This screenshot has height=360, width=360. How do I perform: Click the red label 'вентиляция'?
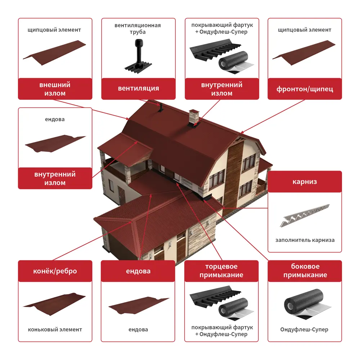click(138, 89)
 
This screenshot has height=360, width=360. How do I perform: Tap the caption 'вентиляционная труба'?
click(138, 28)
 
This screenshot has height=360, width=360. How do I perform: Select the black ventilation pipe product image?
click(138, 56)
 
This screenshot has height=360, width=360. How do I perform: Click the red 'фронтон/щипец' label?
click(305, 89)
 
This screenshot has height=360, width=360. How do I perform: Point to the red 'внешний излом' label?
click(55, 89)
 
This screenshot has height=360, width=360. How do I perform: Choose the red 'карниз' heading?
click(305, 181)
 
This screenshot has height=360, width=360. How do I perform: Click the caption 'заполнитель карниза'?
click(305, 240)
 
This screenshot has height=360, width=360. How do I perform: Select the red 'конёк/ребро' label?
click(55, 271)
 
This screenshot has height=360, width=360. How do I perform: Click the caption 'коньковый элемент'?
click(55, 329)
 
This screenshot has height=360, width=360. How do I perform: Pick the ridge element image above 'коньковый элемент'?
click(54, 304)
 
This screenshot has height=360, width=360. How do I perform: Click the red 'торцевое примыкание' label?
click(221, 271)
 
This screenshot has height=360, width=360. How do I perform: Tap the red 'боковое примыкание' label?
click(305, 271)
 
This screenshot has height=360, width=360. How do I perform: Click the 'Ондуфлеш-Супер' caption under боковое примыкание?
click(304, 329)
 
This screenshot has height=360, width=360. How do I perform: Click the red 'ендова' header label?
click(138, 271)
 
